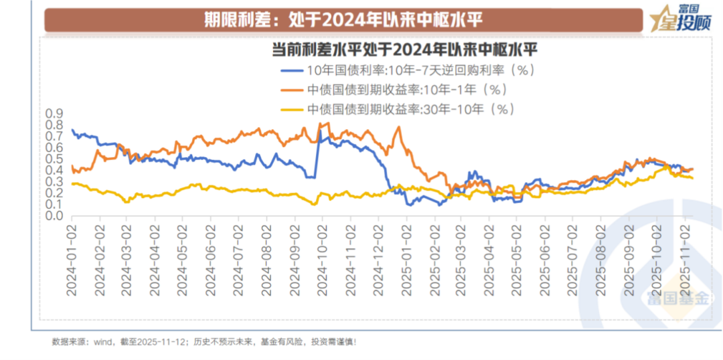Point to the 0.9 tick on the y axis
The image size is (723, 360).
tap(54, 113)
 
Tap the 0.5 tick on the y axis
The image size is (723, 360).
tap(54, 159)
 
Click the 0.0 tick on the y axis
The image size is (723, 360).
tap(54, 216)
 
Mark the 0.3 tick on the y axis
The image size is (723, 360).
tap(54, 182)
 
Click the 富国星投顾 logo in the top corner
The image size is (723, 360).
tap(682, 19)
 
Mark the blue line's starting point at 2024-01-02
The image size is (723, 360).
tap(72, 129)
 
